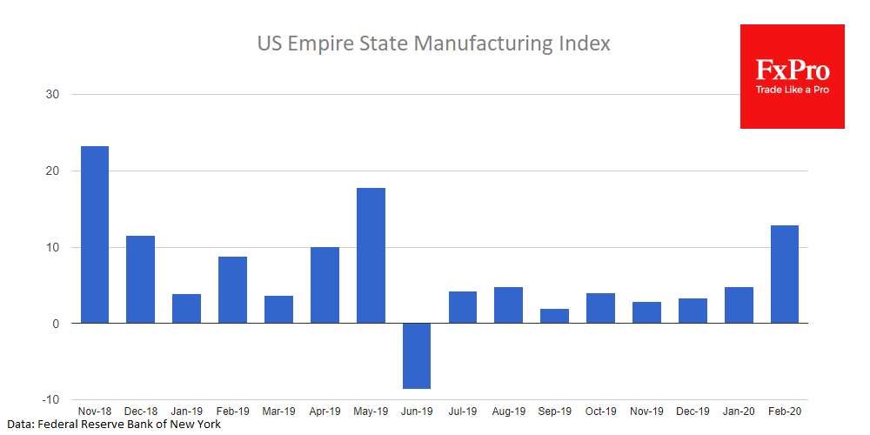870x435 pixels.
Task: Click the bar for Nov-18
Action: [94, 235]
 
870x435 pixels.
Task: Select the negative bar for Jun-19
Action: [417, 356]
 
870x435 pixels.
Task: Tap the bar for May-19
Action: [371, 256]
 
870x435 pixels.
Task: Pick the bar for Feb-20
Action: [784, 274]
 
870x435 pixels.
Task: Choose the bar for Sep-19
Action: [554, 316]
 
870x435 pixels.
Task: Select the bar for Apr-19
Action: [325, 285]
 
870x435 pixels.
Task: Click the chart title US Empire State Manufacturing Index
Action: [433, 43]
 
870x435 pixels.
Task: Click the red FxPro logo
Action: [792, 70]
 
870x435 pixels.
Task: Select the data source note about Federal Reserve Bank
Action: [114, 425]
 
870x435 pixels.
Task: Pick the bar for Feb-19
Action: [232, 290]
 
